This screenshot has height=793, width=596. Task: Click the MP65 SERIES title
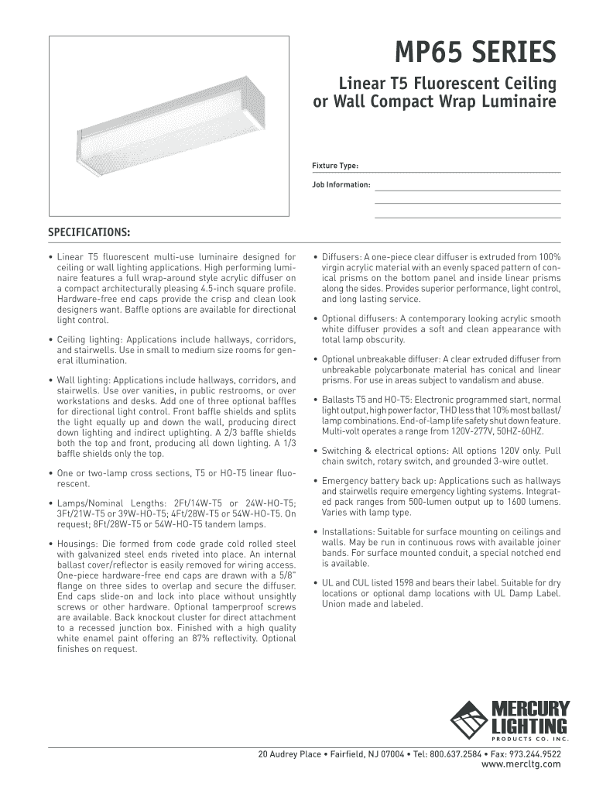(475, 53)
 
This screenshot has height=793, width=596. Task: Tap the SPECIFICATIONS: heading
(89, 232)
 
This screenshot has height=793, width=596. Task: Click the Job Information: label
(341, 185)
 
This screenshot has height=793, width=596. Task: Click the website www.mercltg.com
(521, 764)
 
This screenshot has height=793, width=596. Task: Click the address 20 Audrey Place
(289, 754)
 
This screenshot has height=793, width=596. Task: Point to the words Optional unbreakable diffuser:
(380, 359)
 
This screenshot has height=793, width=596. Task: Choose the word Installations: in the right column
(348, 532)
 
